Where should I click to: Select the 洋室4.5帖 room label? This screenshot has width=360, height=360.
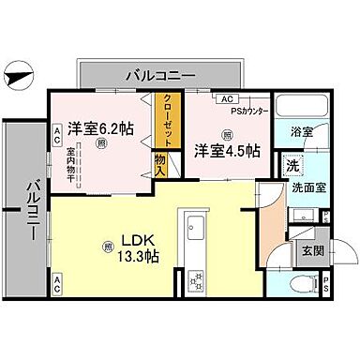[226, 149]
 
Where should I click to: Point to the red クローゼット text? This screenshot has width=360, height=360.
[166, 121]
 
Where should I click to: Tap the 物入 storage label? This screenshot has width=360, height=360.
[161, 167]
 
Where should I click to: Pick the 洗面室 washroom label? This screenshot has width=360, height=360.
[305, 186]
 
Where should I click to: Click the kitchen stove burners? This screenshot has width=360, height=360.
[197, 278]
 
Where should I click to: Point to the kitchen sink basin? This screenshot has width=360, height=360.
[197, 230]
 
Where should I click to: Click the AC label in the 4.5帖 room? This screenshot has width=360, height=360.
[226, 98]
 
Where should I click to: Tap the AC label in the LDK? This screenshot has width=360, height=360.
[57, 280]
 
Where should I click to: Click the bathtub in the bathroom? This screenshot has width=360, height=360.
[297, 105]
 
